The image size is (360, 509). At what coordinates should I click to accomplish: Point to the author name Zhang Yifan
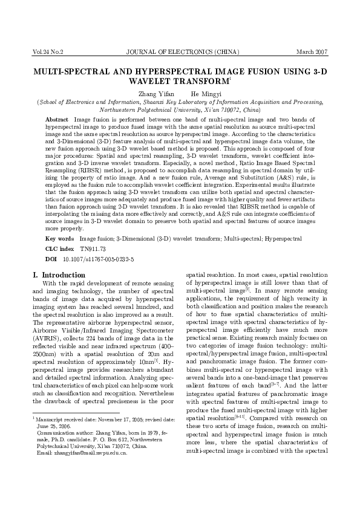point(156,94)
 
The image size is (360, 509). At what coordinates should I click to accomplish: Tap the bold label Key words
point(61,239)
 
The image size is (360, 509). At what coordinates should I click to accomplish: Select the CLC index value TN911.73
point(94,249)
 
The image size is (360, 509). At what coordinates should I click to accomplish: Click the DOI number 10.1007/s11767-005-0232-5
point(90,259)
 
